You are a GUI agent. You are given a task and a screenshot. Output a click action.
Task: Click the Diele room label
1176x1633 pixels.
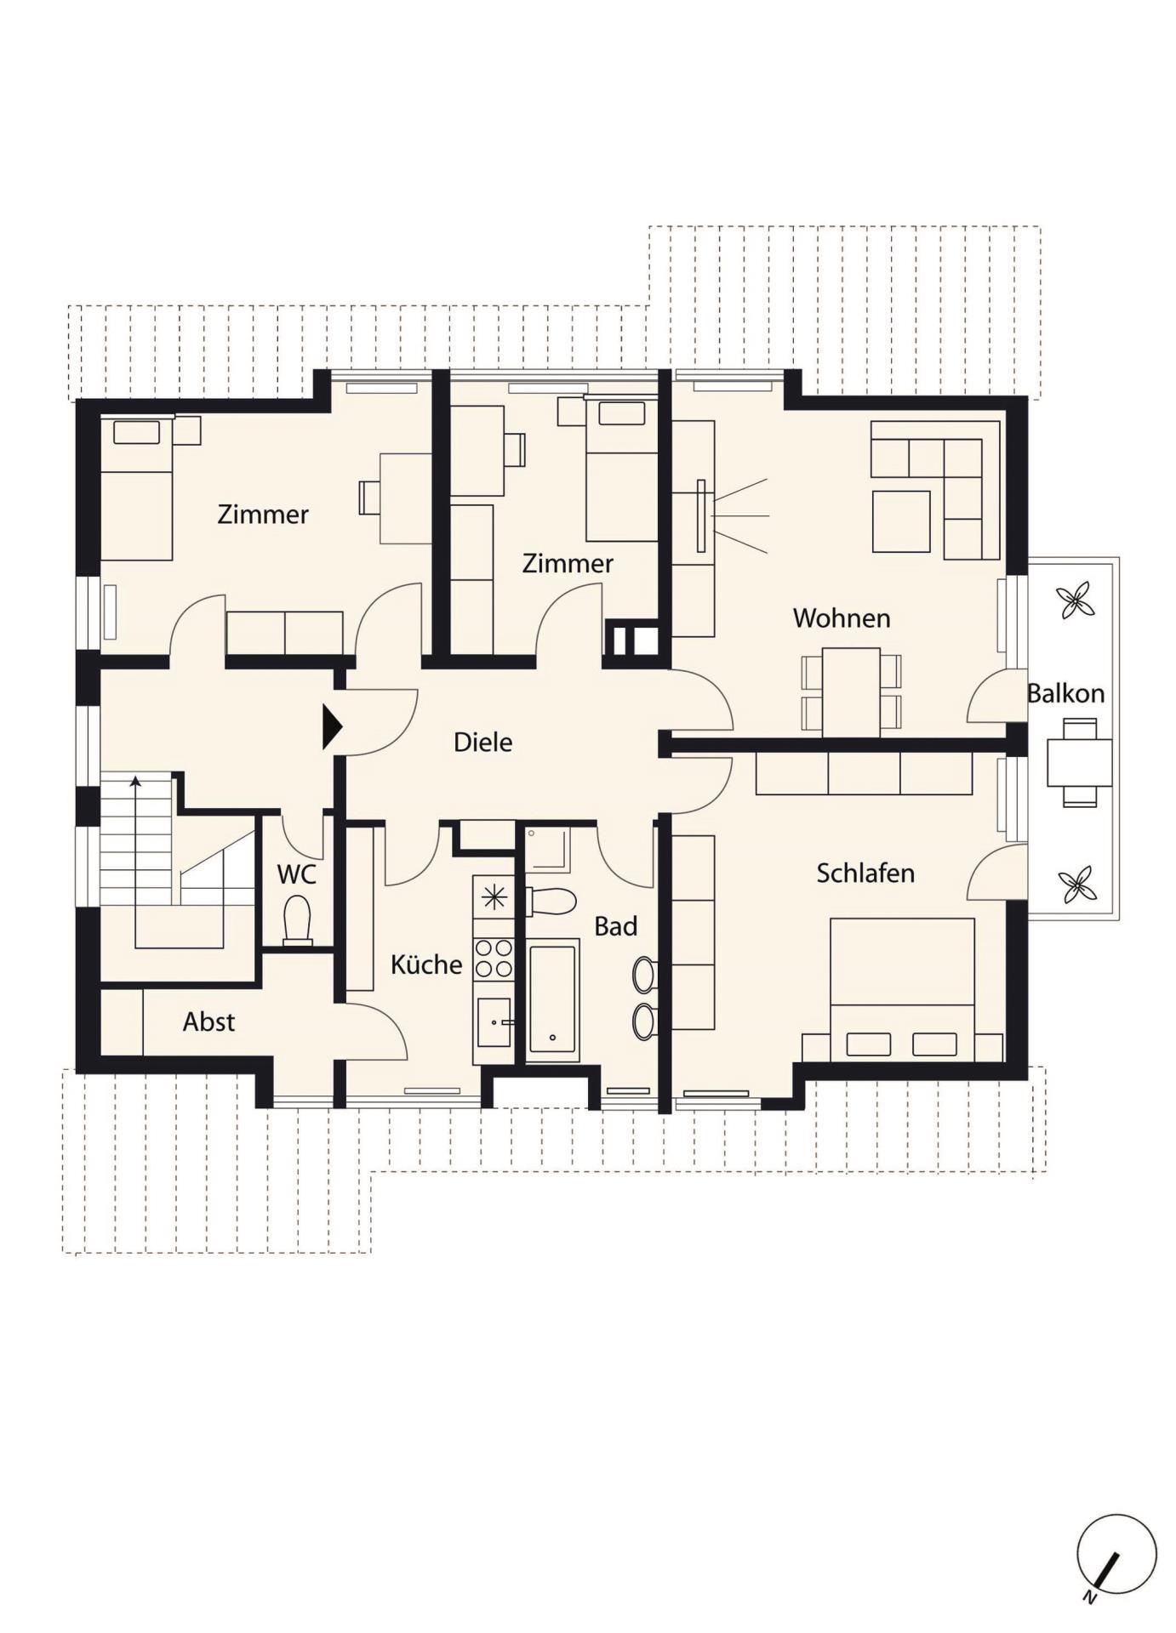482,742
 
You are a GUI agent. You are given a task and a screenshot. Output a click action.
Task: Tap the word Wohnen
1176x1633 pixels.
842,618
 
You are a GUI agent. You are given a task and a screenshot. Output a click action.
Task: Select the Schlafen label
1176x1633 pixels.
865,873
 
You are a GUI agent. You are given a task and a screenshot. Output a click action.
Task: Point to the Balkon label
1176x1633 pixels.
1065,693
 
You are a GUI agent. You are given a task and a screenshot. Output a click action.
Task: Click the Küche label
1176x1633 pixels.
426,964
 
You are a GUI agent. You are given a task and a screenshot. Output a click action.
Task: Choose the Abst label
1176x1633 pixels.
208,1021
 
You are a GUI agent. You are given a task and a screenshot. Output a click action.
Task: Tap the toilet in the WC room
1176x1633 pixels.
297,920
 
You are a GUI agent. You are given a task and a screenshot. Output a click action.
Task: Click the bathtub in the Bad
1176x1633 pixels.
552,999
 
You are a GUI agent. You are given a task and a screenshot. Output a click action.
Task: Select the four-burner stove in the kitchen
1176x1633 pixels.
494,959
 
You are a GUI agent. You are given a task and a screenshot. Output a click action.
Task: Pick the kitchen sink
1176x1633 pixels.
494,1022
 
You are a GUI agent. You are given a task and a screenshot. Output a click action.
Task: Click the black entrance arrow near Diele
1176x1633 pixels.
332,727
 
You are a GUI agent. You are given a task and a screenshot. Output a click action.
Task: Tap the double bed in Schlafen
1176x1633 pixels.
902,989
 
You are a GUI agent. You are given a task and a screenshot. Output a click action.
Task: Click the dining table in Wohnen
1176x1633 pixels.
851,692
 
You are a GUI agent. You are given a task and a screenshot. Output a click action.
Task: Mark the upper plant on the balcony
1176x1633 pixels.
1076,600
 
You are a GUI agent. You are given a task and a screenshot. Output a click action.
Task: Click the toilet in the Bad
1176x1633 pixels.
551,901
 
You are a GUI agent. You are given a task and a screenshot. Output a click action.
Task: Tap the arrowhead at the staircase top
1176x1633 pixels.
135,781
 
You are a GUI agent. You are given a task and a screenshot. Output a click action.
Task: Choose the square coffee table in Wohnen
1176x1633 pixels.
901,521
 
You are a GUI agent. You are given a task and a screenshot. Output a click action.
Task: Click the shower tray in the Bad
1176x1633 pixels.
547,850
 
